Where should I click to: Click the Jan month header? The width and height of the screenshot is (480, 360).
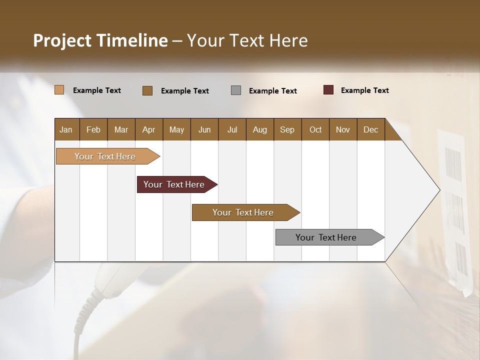pyautogui.click(x=66, y=129)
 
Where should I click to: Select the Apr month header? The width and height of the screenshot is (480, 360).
pyautogui.click(x=148, y=129)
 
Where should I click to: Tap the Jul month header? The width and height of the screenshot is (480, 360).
pyautogui.click(x=232, y=129)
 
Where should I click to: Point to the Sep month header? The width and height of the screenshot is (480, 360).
pyautogui.click(x=287, y=129)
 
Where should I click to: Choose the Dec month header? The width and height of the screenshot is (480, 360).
pyautogui.click(x=370, y=129)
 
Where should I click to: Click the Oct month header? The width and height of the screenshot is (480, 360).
pyautogui.click(x=315, y=129)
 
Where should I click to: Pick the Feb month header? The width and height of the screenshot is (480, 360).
pyautogui.click(x=93, y=129)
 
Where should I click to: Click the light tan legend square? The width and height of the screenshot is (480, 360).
pyautogui.click(x=59, y=90)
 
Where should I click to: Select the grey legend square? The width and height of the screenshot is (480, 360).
pyautogui.click(x=236, y=90)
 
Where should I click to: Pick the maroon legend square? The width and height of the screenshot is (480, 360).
pyautogui.click(x=328, y=90)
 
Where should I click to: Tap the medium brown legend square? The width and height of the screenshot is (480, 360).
pyautogui.click(x=147, y=90)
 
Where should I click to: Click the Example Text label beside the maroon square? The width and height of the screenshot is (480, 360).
pyautogui.click(x=364, y=90)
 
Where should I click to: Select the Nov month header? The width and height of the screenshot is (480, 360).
pyautogui.click(x=343, y=129)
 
